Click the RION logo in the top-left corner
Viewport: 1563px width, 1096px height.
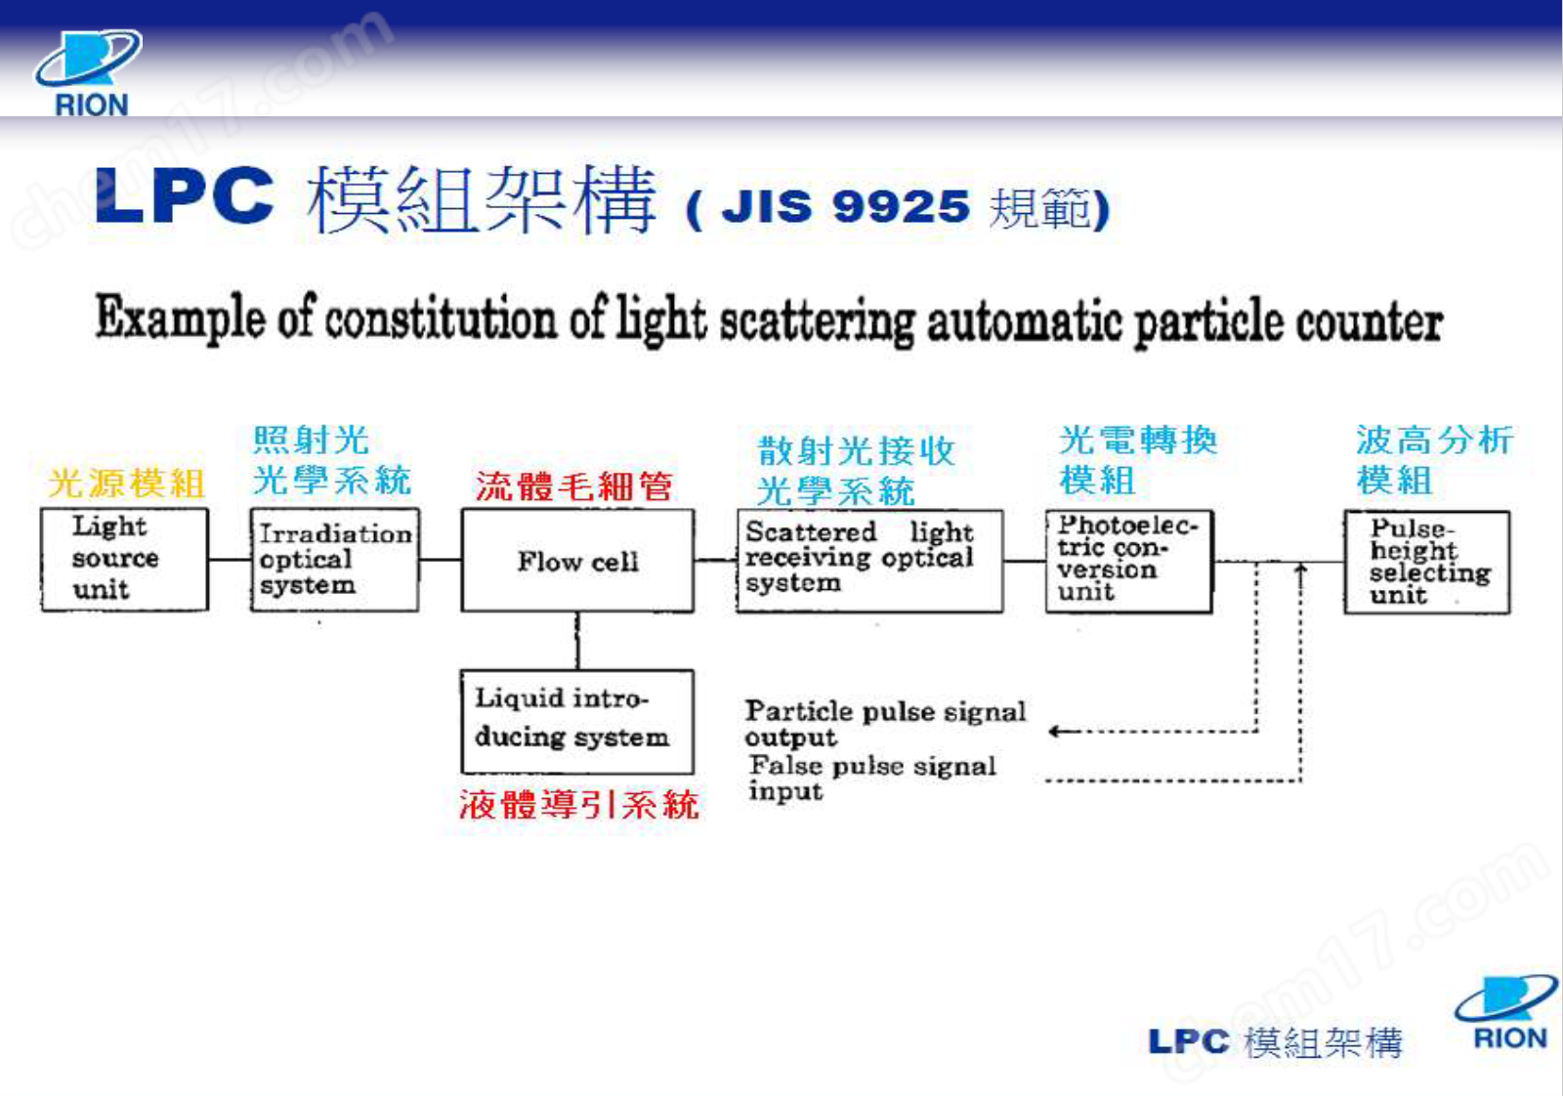click(x=88, y=73)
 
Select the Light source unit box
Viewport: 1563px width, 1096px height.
click(x=124, y=559)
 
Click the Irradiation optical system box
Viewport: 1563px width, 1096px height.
click(x=334, y=560)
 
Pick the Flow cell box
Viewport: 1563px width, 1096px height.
click(x=577, y=561)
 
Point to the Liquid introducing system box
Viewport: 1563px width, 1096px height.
click(x=576, y=720)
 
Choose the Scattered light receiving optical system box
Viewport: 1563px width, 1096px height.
click(x=868, y=560)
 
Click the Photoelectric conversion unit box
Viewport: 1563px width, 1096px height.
click(x=1128, y=560)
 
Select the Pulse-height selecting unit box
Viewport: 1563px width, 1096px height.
click(x=1426, y=562)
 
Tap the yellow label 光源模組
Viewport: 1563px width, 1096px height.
click(x=127, y=483)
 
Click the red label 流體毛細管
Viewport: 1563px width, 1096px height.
click(x=573, y=485)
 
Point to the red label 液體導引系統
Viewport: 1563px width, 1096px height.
click(x=578, y=804)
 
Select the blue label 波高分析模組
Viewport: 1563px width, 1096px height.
click(x=1433, y=459)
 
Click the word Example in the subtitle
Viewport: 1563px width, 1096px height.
click(x=180, y=318)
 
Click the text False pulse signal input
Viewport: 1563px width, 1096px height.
click(x=871, y=778)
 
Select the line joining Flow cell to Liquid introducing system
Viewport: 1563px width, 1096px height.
click(x=577, y=641)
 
